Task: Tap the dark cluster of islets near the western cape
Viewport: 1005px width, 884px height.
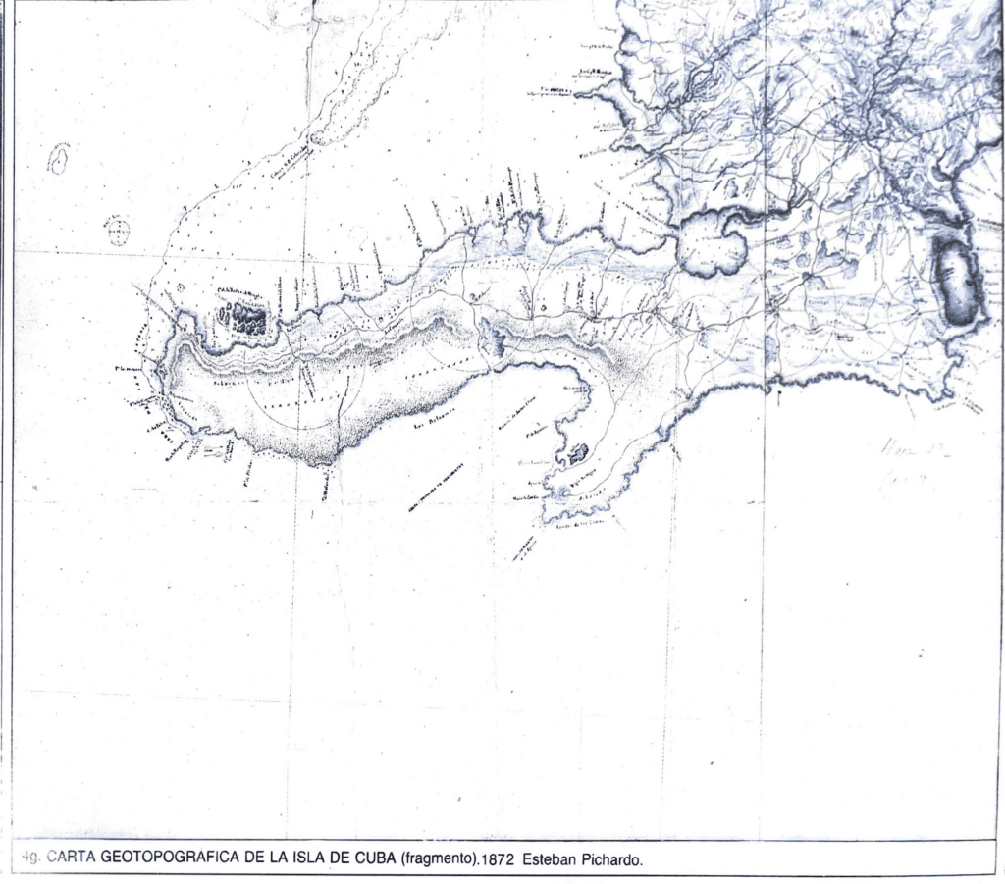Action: click(x=242, y=318)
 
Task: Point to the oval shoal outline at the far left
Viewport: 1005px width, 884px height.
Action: click(x=59, y=159)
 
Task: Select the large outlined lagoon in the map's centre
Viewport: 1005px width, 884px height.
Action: click(x=714, y=244)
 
